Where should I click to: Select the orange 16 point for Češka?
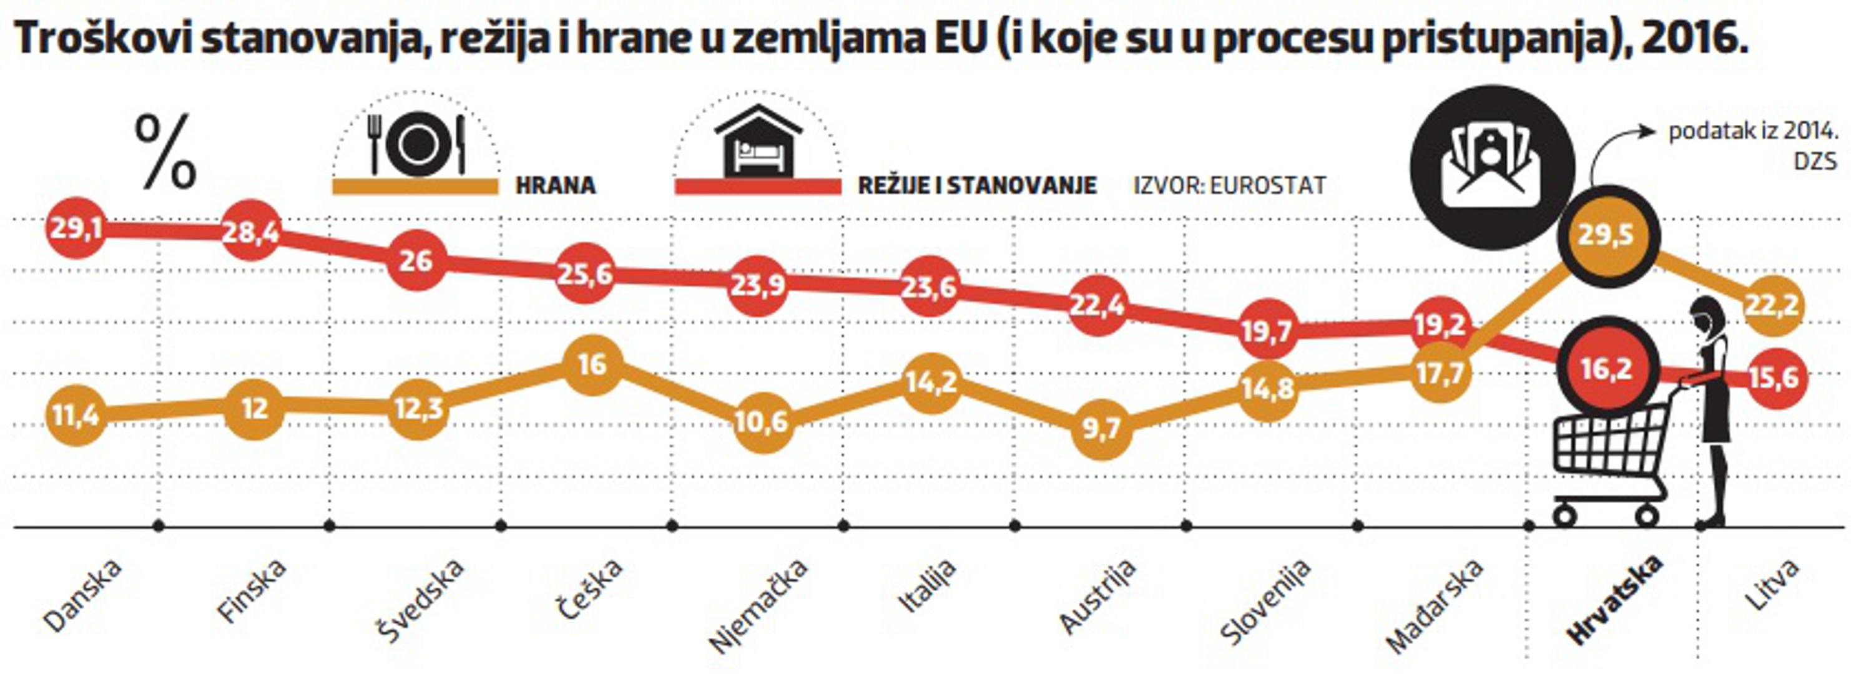tap(592, 365)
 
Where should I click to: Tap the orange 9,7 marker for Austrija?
tap(1101, 429)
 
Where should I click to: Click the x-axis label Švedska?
tap(420, 601)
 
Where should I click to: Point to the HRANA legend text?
tap(556, 185)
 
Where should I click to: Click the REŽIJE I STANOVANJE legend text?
tap(977, 185)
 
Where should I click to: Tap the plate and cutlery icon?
tap(417, 145)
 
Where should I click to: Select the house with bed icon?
tap(758, 141)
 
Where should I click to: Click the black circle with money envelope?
tap(1491, 167)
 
